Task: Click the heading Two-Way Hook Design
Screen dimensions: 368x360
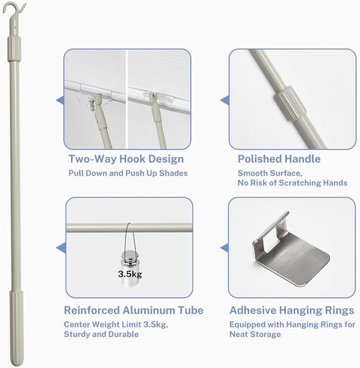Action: coord(126,159)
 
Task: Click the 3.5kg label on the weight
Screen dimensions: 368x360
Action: coord(130,274)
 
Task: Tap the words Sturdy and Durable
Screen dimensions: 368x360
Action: coord(97,334)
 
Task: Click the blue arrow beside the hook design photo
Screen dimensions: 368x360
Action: coord(60,100)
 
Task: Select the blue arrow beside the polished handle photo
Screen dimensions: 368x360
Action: coord(224,100)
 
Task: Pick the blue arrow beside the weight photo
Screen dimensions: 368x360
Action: coord(60,247)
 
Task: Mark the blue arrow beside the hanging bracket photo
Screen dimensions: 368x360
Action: coord(224,247)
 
